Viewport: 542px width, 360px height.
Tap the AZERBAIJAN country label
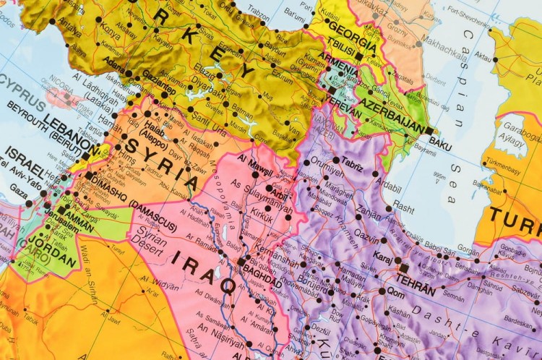(391, 115)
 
